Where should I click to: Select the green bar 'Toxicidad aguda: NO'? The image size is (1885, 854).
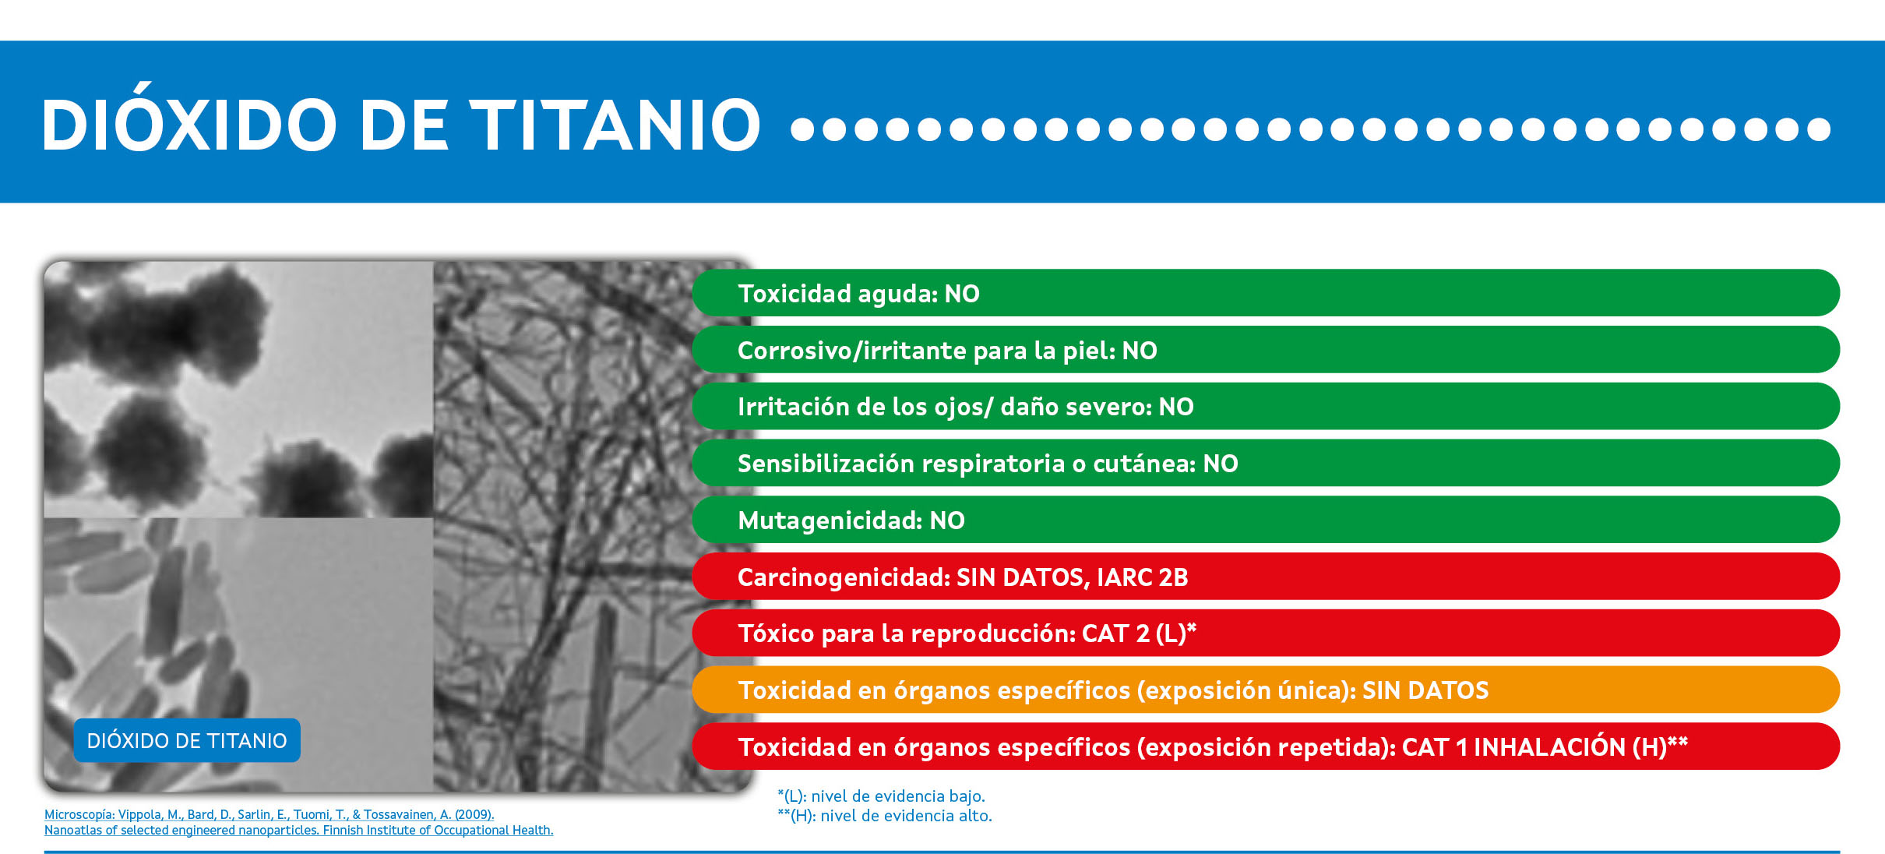(x=1266, y=293)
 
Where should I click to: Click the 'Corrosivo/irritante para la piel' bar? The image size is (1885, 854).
(x=1266, y=350)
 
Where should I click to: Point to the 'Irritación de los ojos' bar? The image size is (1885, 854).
(x=1266, y=406)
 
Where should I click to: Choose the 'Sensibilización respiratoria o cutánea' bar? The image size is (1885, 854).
(x=1266, y=463)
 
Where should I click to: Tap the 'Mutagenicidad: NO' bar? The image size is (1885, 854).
(x=1266, y=520)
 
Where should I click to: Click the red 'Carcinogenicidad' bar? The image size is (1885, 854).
(x=1266, y=577)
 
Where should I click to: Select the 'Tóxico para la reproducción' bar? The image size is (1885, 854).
(x=1266, y=633)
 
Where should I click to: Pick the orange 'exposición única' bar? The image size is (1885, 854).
(x=1266, y=690)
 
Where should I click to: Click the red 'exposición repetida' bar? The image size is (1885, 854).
(x=1266, y=746)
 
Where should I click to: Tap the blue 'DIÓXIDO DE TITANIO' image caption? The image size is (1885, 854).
(x=187, y=740)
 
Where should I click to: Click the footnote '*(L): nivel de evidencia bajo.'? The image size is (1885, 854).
(x=882, y=796)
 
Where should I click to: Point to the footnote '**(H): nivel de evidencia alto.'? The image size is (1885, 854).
(x=885, y=816)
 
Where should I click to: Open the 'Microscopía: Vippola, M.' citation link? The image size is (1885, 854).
(x=270, y=814)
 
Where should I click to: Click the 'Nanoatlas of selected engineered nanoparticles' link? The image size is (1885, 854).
(x=299, y=831)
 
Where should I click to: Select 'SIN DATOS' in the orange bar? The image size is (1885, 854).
(x=1425, y=690)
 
